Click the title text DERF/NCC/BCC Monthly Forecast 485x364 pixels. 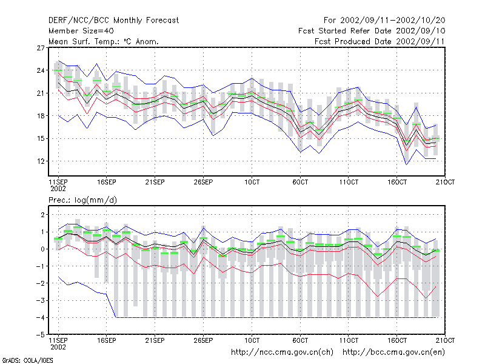[113, 21]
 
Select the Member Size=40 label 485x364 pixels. [81, 31]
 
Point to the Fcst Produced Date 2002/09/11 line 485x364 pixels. [380, 41]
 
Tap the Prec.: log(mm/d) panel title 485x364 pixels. [82, 200]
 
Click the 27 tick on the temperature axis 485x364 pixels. [41, 48]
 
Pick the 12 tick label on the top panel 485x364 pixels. [41, 161]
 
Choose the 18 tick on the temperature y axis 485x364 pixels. [41, 116]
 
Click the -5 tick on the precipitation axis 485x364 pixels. [41, 335]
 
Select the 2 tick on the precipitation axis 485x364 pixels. [42, 215]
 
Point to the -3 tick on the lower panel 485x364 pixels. [41, 300]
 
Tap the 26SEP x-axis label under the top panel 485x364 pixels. [203, 182]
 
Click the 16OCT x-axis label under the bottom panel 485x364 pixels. [397, 340]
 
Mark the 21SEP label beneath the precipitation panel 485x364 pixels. [155, 340]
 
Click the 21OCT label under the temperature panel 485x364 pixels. [445, 182]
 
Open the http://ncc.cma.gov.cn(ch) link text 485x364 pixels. [282, 352]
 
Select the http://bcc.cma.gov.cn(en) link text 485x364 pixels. [393, 352]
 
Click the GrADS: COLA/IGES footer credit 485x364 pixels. [27, 360]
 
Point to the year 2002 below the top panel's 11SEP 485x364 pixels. [58, 189]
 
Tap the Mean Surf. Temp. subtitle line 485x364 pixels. [103, 41]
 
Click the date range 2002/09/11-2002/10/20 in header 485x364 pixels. [392, 21]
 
